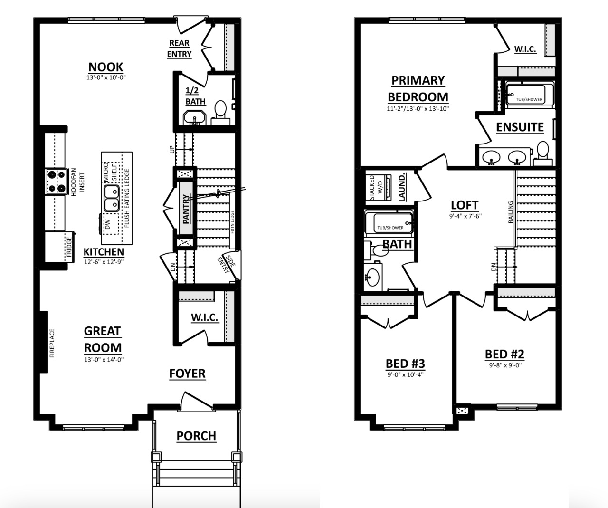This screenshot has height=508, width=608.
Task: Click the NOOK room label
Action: [x=106, y=67]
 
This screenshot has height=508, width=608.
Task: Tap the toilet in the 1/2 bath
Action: [x=220, y=113]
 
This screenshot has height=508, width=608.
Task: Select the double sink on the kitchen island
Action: [x=112, y=198]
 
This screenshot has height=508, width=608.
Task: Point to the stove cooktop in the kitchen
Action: [x=57, y=182]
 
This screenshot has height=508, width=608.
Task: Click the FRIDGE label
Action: [x=69, y=247]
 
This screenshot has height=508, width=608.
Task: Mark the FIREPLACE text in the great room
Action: [x=52, y=343]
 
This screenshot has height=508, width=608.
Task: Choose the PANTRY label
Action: [x=185, y=209]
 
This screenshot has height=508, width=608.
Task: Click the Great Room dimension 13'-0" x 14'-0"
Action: [x=104, y=360]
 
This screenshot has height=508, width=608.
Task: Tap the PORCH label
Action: [x=196, y=436]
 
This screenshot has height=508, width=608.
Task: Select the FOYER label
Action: [x=187, y=374]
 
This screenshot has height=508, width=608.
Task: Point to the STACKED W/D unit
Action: [x=379, y=188]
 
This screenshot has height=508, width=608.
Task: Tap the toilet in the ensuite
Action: [x=542, y=153]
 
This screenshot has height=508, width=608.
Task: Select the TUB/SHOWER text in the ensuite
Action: [x=529, y=99]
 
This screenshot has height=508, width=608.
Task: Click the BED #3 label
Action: [x=405, y=364]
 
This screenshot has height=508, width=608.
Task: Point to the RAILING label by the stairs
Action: [x=511, y=212]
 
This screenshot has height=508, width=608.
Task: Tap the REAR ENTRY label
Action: [x=179, y=48]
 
